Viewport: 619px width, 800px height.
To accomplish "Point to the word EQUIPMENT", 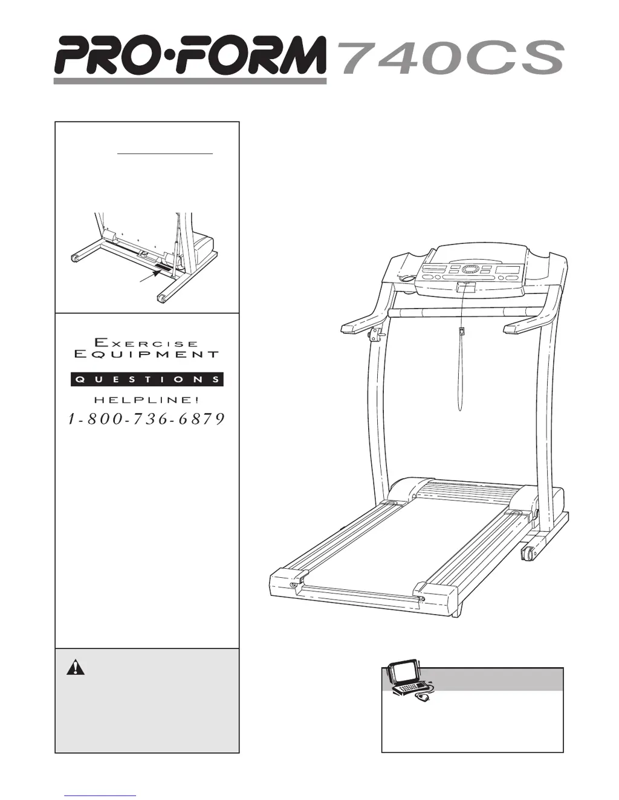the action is click(146, 354).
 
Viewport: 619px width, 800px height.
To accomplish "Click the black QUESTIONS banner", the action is click(147, 379).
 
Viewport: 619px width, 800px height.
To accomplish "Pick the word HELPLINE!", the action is click(146, 400).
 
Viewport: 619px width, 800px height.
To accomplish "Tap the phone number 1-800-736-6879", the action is click(146, 419).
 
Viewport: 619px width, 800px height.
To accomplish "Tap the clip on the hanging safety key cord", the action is click(461, 331).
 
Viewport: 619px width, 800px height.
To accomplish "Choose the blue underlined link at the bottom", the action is click(100, 795).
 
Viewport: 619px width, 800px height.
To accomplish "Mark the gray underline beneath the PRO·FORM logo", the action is click(190, 81).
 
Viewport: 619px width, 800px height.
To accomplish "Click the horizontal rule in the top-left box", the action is click(164, 154).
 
